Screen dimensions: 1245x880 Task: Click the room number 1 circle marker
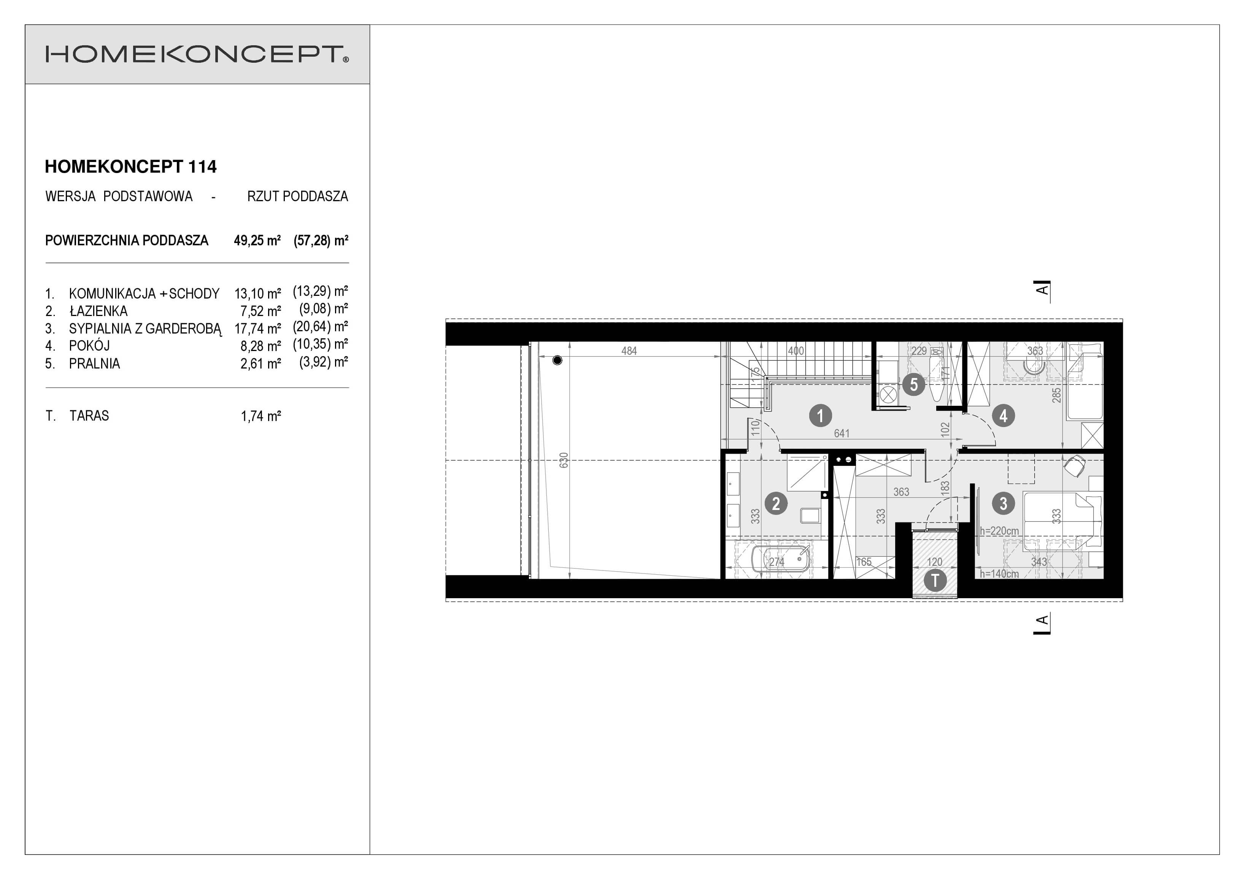point(820,416)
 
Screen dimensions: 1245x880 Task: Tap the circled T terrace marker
point(935,581)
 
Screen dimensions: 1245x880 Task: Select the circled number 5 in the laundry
point(914,385)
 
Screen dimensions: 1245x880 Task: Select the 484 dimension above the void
point(629,351)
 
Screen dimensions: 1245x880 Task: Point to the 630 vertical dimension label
point(564,460)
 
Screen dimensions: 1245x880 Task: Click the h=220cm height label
point(999,531)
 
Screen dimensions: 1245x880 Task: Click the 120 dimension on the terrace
point(935,562)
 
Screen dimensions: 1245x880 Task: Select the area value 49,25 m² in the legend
point(257,240)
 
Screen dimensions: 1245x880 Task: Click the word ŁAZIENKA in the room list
point(98,311)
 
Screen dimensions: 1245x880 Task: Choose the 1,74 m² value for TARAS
point(261,416)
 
